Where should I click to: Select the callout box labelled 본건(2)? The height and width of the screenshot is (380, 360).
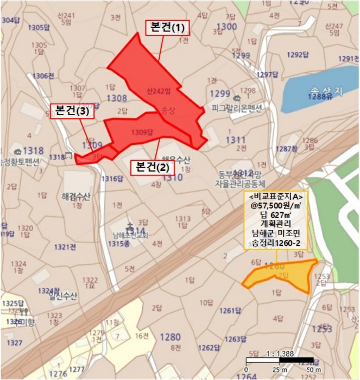(x=153, y=167)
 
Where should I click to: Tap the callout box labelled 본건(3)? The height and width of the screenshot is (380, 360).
(x=72, y=112)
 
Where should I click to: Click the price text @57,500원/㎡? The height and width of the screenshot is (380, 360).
(x=275, y=206)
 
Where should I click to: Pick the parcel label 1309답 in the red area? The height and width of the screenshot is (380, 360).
(x=143, y=131)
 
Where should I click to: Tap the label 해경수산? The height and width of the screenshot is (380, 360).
(x=75, y=196)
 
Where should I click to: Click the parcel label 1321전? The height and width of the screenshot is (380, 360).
(x=65, y=247)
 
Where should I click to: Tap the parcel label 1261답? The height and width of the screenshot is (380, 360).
(x=230, y=311)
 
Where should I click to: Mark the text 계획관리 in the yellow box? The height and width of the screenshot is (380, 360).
(x=275, y=225)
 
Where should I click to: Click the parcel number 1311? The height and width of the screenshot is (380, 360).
(x=237, y=141)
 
